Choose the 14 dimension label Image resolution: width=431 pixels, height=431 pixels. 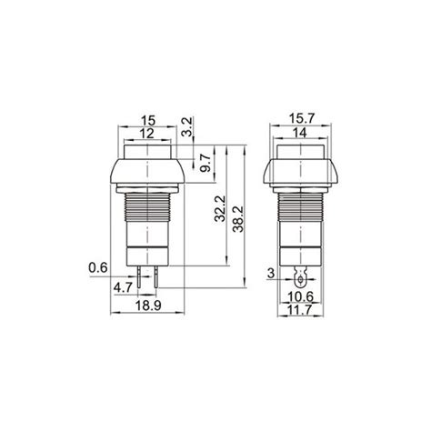(x=300, y=134)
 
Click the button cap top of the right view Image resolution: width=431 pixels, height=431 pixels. (x=300, y=150)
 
